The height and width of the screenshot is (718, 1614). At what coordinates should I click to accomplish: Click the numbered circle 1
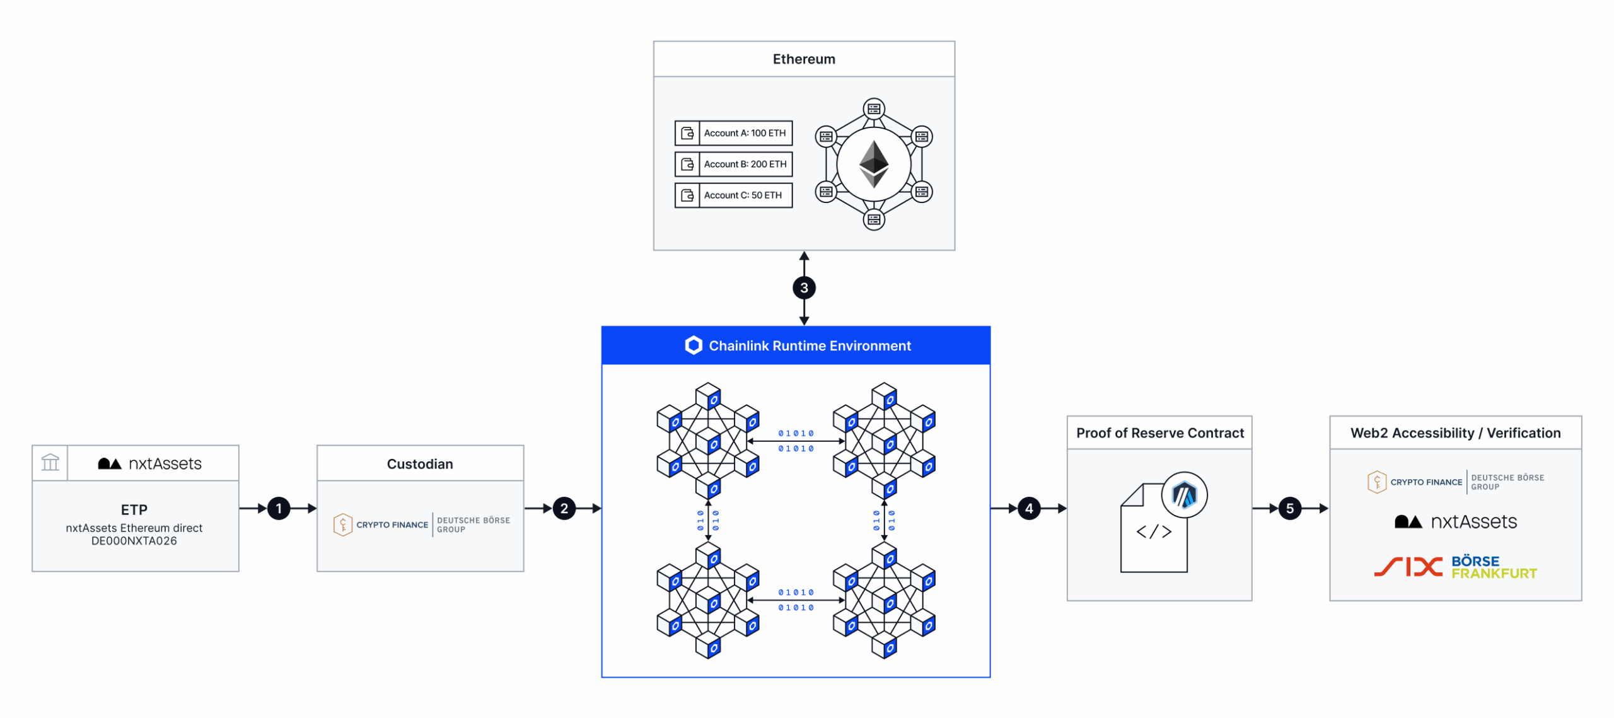(x=279, y=508)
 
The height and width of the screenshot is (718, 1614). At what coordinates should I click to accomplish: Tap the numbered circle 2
(x=564, y=508)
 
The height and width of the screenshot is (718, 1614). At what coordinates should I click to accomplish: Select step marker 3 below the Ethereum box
(x=804, y=288)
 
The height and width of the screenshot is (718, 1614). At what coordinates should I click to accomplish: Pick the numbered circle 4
(x=1029, y=508)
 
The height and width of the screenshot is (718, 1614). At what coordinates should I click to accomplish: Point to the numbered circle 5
(x=1289, y=508)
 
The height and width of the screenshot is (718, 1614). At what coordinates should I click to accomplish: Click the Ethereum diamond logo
(x=874, y=164)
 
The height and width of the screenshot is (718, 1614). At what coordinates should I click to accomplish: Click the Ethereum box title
(x=804, y=59)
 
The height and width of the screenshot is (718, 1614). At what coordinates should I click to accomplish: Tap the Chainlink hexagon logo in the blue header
(x=694, y=345)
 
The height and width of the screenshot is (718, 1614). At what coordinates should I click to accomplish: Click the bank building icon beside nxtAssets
(x=50, y=463)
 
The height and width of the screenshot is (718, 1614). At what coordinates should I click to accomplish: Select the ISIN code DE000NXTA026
(x=134, y=541)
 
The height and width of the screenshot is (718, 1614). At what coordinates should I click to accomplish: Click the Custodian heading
(x=420, y=464)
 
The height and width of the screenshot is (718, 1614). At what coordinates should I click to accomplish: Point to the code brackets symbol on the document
(x=1154, y=531)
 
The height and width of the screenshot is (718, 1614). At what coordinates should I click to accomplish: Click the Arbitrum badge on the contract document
(x=1184, y=495)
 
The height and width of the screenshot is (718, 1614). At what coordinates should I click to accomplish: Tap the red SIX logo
(x=1408, y=567)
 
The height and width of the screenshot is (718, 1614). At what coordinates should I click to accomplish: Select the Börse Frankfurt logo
(x=1493, y=567)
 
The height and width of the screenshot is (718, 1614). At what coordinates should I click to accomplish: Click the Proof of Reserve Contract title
(x=1159, y=433)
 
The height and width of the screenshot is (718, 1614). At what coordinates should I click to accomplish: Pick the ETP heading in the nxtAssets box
(x=134, y=509)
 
